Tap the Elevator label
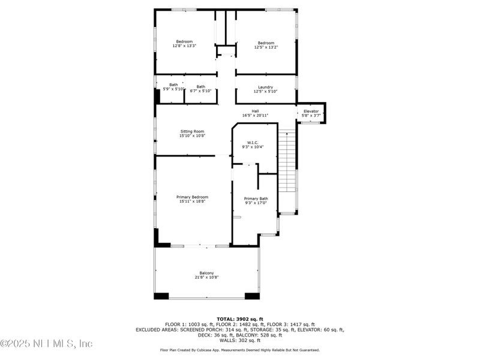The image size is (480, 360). [311, 111]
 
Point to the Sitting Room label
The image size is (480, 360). [192, 131]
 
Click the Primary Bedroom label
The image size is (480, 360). [192, 197]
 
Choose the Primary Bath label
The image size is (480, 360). [256, 199]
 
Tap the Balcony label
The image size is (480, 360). [206, 273]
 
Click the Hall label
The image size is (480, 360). [255, 111]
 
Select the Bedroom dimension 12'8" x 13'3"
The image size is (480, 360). [184, 46]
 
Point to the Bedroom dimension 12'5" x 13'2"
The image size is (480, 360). [266, 47]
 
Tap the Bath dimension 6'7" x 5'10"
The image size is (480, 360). [200, 91]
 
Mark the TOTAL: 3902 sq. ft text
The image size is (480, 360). [239, 319]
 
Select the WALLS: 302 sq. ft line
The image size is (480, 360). [239, 340]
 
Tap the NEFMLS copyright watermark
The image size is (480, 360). [47, 344]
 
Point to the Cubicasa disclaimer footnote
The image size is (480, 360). [239, 350]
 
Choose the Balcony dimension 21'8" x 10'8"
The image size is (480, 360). [206, 278]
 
